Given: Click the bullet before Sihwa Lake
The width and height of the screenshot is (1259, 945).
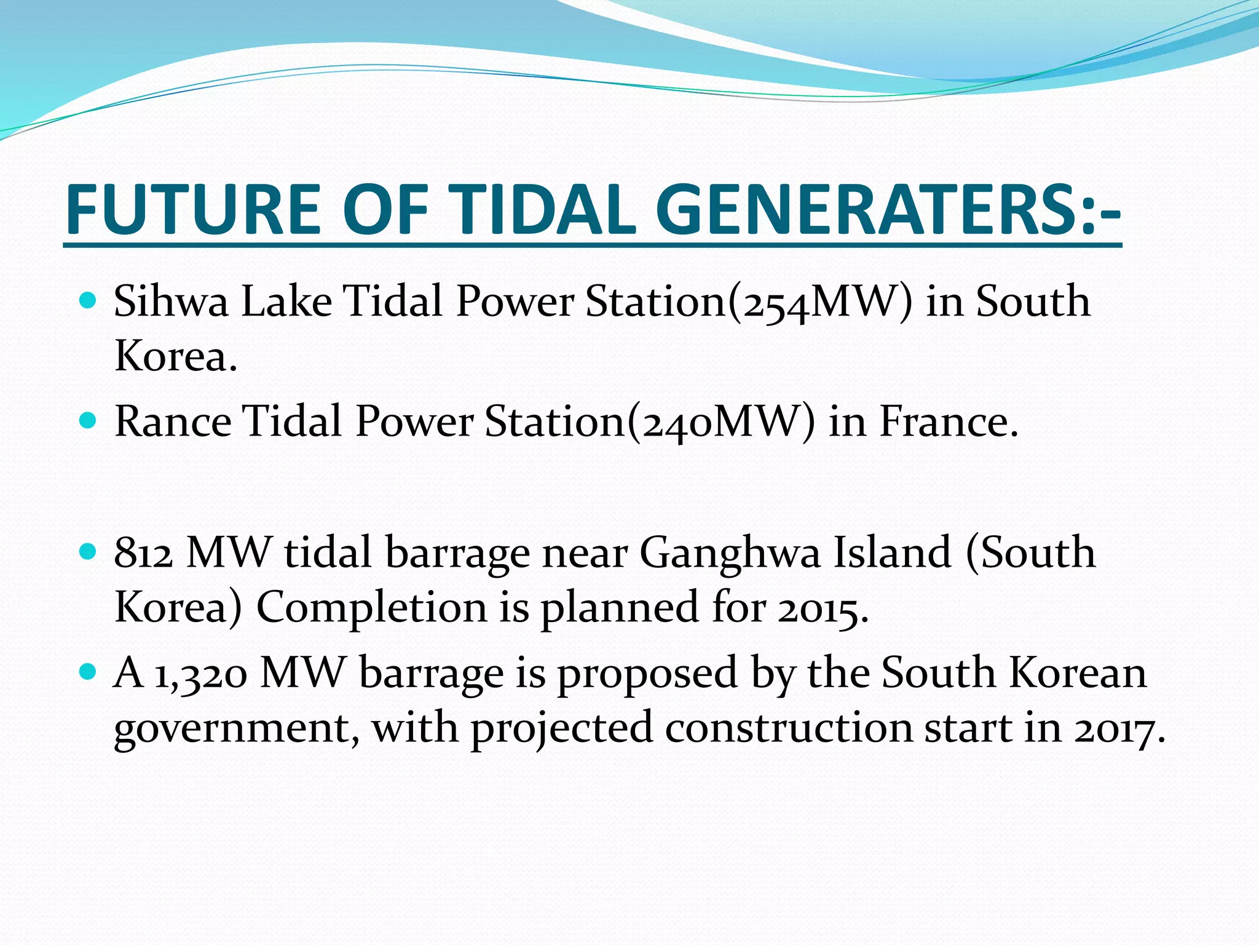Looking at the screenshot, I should pos(89,301).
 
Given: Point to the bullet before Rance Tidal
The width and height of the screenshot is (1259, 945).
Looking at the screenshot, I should pos(89,421).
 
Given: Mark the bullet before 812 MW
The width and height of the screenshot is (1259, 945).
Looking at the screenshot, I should pos(89,551).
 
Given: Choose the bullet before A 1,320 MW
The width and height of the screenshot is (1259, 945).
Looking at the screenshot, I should pos(89,671).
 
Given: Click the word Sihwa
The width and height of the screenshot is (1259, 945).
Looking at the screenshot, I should pos(171,301).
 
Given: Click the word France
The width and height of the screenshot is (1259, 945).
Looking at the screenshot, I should pos(947,422).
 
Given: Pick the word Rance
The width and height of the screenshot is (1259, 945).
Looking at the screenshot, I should pos(173,422).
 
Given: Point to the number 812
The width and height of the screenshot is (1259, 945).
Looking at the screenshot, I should pos(143,552).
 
